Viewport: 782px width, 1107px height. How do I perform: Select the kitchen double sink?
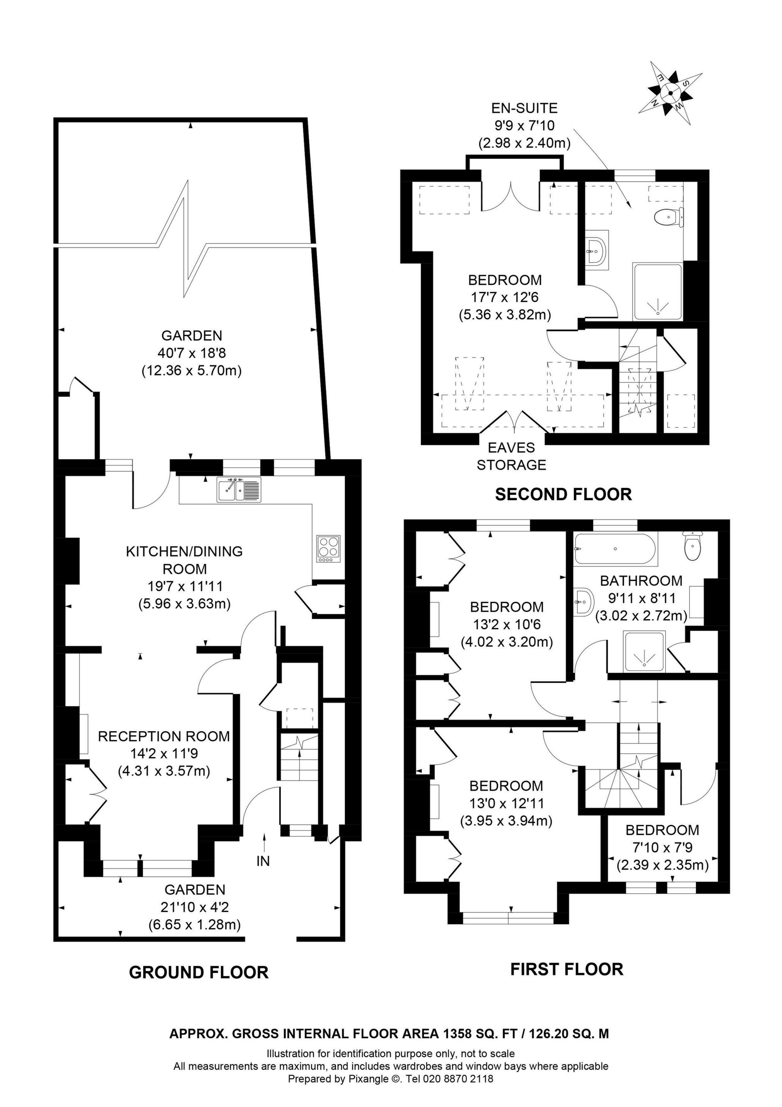[x=239, y=489]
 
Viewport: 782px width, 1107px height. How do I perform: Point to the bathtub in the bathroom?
[x=615, y=550]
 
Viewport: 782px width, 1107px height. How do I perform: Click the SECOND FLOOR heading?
[x=563, y=494]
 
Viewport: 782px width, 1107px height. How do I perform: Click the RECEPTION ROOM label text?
[x=164, y=736]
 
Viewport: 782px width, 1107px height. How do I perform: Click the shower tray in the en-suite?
[x=658, y=292]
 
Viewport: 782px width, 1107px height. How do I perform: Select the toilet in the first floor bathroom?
[x=693, y=546]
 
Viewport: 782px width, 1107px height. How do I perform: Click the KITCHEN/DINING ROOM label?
[x=184, y=560]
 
